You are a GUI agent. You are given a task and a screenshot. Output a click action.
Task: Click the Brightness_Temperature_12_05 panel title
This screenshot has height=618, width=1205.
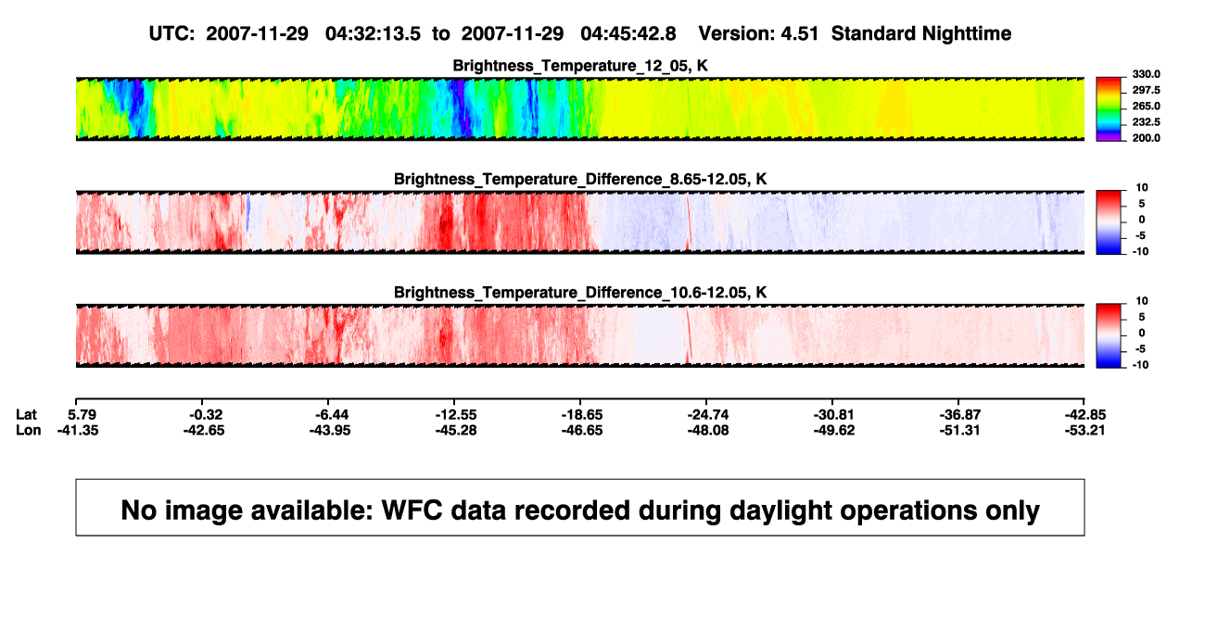click(x=580, y=66)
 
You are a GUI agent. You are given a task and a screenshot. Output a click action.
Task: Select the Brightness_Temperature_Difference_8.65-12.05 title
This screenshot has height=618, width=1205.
click(x=580, y=179)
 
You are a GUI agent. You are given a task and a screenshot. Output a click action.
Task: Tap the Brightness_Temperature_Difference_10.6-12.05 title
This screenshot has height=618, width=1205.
click(x=580, y=293)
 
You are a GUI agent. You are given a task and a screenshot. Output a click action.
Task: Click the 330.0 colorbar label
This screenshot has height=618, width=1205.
click(x=1146, y=74)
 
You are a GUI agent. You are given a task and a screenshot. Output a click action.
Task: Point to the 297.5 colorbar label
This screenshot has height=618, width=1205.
click(x=1146, y=90)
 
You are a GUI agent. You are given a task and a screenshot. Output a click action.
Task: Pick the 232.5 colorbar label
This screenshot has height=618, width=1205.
click(x=1146, y=122)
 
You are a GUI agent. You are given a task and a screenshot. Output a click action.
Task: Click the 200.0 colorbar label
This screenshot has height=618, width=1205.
click(x=1146, y=138)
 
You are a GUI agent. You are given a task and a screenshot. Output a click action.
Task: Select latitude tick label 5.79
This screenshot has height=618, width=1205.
click(x=82, y=415)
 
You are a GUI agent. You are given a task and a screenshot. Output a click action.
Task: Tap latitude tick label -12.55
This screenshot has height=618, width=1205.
click(x=456, y=415)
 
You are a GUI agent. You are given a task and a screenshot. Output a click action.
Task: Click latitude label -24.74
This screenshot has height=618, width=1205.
click(x=708, y=415)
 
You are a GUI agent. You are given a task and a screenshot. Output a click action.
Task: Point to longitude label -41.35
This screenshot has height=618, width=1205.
click(x=78, y=430)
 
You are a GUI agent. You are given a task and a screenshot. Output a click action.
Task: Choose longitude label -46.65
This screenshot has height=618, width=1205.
click(x=582, y=430)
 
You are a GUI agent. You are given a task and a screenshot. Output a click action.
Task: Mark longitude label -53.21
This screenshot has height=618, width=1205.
click(x=1084, y=430)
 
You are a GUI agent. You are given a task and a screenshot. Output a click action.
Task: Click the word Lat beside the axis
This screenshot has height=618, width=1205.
click(x=26, y=415)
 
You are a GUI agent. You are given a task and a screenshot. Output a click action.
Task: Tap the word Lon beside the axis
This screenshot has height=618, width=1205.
click(x=28, y=430)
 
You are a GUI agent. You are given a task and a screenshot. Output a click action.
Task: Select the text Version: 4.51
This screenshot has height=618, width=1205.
click(x=758, y=33)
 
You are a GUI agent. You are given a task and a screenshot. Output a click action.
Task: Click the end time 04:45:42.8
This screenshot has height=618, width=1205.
click(x=628, y=33)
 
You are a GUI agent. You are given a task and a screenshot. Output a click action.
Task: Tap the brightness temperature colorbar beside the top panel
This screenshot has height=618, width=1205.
click(x=1109, y=109)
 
